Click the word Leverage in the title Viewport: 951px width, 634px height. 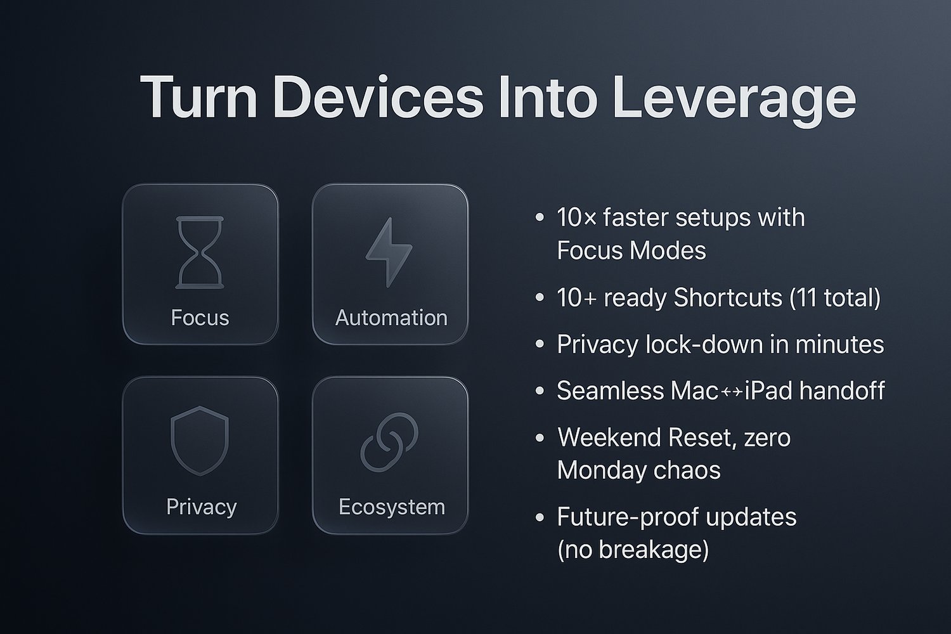click(x=734, y=100)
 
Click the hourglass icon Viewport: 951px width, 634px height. click(x=200, y=253)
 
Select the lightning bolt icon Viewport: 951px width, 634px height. click(x=389, y=252)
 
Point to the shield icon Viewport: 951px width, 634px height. click(x=200, y=441)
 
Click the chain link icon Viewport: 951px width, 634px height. click(x=389, y=442)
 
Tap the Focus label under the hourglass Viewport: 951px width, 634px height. click(x=200, y=318)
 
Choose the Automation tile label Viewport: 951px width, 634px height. click(x=391, y=318)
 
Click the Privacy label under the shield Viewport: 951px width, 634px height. click(x=201, y=507)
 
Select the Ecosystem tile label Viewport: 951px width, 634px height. click(x=392, y=507)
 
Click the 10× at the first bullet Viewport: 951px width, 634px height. click(x=576, y=217)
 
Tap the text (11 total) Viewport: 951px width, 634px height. click(x=835, y=297)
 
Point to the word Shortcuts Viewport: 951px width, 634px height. click(x=728, y=297)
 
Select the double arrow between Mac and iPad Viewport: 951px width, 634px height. click(x=732, y=392)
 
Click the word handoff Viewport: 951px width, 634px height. click(x=842, y=391)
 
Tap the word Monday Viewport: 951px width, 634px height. click(x=602, y=470)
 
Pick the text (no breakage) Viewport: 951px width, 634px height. click(x=633, y=550)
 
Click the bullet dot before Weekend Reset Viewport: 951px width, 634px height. click(x=540, y=437)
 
